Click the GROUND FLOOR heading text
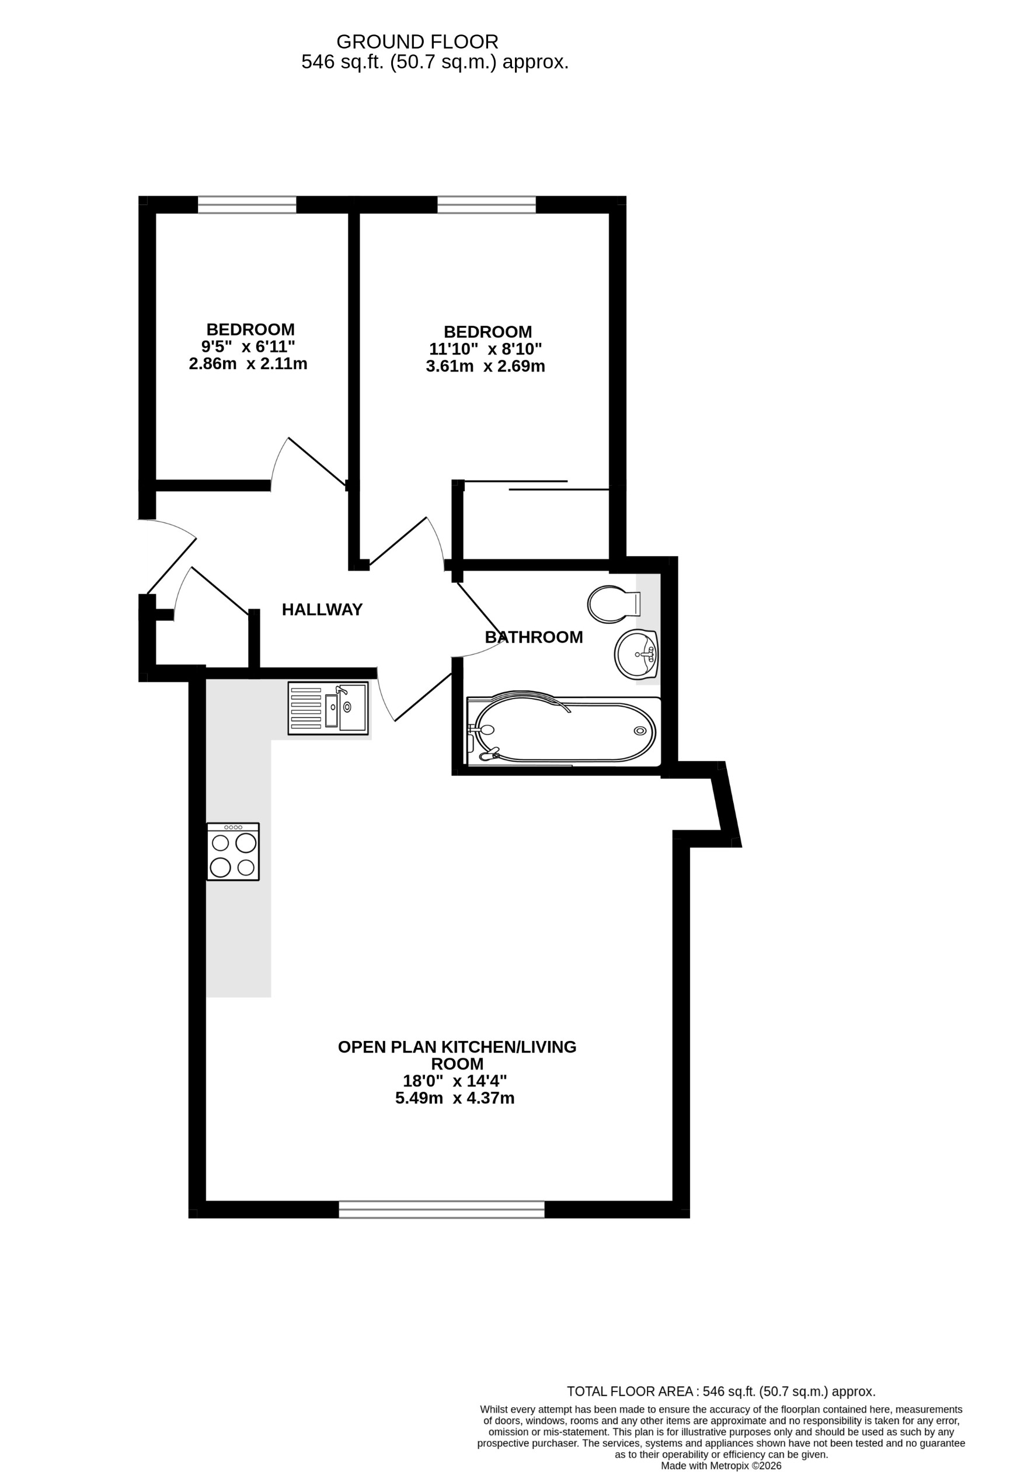(417, 42)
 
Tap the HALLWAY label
(322, 609)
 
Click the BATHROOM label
(533, 637)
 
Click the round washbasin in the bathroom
(636, 654)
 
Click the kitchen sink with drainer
(328, 708)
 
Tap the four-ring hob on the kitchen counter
(233, 852)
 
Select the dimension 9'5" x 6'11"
(248, 346)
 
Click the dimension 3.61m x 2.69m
(485, 366)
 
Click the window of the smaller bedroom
(247, 204)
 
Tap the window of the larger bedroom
(486, 204)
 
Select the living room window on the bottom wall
(441, 1209)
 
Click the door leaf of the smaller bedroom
(317, 461)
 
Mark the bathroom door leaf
(479, 614)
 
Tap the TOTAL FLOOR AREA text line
(720, 1391)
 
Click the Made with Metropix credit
(720, 1466)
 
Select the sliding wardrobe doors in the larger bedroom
(537, 486)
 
